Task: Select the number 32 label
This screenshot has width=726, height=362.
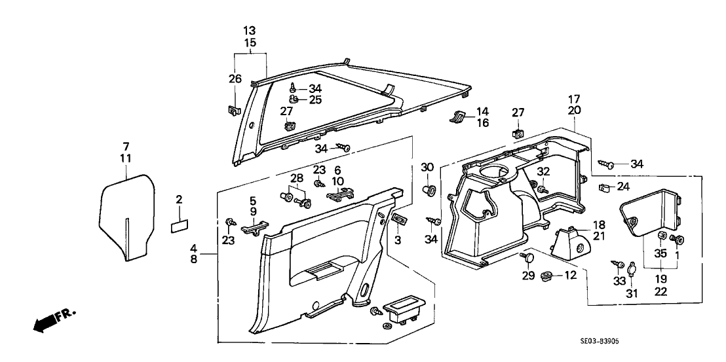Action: [543, 172]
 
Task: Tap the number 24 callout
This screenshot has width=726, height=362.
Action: [624, 187]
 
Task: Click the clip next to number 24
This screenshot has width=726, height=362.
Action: [605, 190]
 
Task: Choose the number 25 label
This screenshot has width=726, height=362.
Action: [315, 100]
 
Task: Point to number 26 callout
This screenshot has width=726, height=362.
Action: [235, 79]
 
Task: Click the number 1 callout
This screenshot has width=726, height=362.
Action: [678, 253]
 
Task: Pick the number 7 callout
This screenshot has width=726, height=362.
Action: [126, 145]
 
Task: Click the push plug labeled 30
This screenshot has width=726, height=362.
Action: [429, 190]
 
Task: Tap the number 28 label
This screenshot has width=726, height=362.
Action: [297, 179]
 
